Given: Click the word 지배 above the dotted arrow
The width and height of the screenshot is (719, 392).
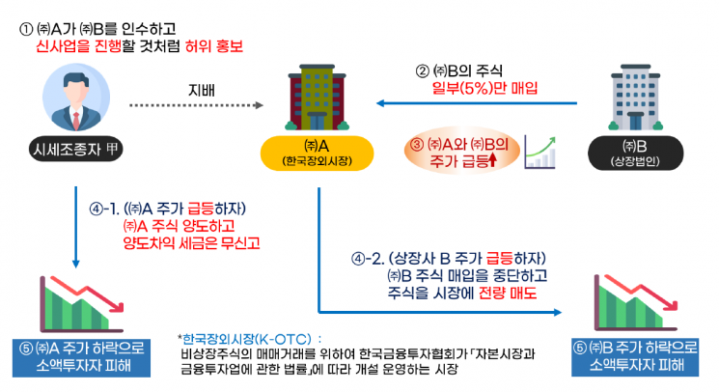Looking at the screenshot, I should pos(202,91).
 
